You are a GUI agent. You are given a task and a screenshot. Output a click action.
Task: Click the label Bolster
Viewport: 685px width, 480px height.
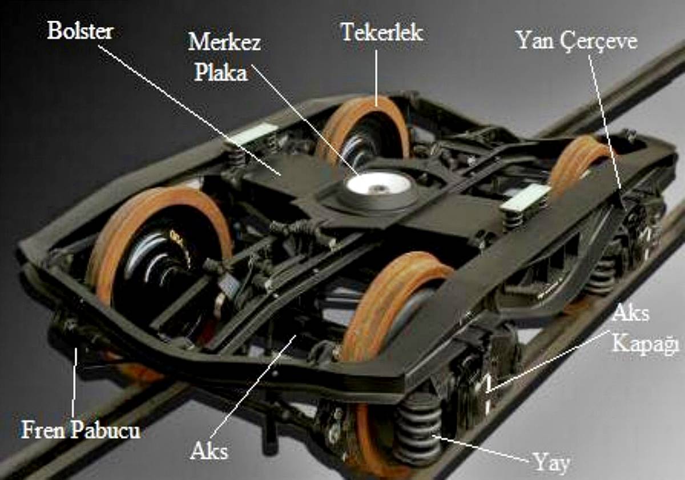click(80, 31)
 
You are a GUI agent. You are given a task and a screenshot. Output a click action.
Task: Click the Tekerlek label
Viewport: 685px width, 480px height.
click(382, 32)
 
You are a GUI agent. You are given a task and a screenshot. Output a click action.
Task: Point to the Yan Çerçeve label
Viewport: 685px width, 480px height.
click(576, 41)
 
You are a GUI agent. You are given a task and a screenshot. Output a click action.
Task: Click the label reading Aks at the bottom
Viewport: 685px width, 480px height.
click(208, 451)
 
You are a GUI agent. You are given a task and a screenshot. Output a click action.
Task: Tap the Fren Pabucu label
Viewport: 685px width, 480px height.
click(80, 429)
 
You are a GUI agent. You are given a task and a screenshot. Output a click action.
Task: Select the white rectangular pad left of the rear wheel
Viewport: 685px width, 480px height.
click(252, 134)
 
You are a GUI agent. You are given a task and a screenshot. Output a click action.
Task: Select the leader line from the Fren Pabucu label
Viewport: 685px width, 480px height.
click(74, 382)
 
